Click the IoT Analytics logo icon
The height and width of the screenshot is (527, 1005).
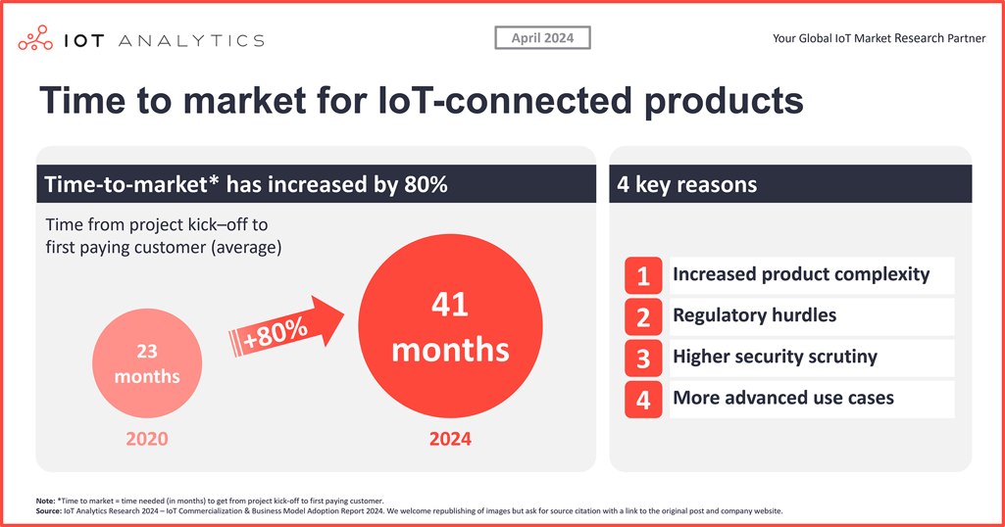pos(35,39)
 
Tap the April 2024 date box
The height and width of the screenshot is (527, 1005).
pos(542,38)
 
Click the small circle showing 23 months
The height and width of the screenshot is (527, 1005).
pos(147,363)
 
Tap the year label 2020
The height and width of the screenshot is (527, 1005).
pos(147,439)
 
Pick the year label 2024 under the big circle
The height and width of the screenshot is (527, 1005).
pos(450,439)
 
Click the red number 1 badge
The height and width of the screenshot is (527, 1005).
pos(643,276)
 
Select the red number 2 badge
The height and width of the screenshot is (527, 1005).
pos(643,317)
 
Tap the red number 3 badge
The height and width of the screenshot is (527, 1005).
pos(643,359)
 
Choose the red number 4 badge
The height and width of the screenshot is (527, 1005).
pos(643,400)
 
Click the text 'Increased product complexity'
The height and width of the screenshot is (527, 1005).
pos(800,274)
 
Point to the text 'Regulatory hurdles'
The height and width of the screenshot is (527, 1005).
pos(754,315)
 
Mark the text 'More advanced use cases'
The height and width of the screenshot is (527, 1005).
pos(782,398)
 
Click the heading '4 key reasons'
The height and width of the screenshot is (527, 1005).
pos(687,184)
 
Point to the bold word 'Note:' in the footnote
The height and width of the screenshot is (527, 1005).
pos(45,501)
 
